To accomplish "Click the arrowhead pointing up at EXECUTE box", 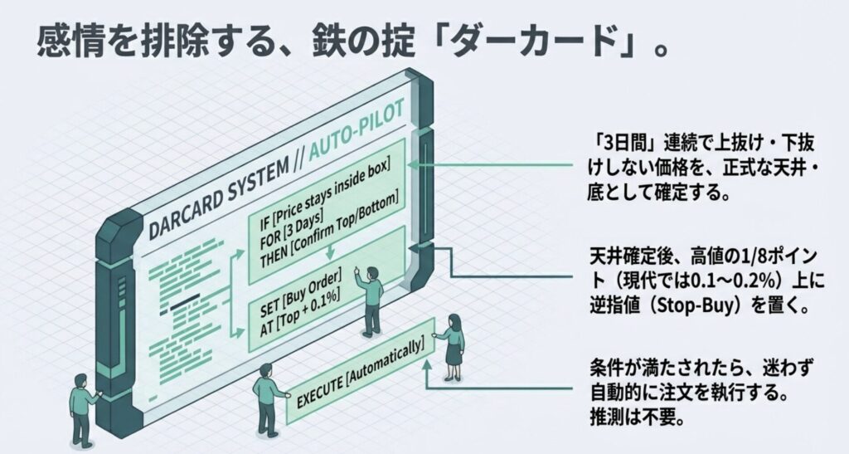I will (x=424, y=368).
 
